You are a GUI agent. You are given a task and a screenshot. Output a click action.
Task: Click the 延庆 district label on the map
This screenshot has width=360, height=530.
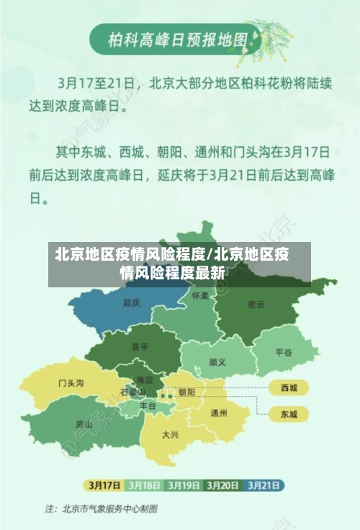[131, 302]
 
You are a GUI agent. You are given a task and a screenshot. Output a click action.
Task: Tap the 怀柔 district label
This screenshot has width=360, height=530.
[200, 296]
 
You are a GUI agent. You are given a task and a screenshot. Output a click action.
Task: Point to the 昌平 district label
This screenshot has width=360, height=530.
[140, 346]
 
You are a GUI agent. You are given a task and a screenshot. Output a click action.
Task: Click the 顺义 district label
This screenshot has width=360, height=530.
[217, 361]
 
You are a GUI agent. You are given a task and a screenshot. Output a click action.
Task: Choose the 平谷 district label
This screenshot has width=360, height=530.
[284, 352]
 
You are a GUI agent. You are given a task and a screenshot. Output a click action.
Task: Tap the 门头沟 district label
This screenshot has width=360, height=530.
[71, 383]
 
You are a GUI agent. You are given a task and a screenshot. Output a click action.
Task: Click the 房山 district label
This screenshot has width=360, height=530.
[84, 425]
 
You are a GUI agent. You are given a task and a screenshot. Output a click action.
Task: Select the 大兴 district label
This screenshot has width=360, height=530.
[171, 434]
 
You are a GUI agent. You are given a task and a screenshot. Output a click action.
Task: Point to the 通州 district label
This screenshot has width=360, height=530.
[219, 413]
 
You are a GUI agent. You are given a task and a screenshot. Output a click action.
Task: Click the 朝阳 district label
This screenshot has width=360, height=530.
[186, 392]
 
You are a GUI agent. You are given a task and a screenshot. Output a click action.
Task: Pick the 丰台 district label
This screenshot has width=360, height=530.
[148, 406]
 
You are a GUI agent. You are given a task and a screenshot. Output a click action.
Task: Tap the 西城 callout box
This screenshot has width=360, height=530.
[288, 388]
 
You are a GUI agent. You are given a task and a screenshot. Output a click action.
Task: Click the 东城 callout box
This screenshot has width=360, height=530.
[288, 414]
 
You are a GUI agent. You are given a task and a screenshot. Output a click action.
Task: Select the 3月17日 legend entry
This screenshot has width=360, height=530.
[104, 484]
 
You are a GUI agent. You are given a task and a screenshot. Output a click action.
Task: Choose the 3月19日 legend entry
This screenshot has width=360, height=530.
[184, 484]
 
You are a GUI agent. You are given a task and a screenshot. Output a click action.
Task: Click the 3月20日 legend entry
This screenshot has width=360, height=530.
[223, 484]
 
